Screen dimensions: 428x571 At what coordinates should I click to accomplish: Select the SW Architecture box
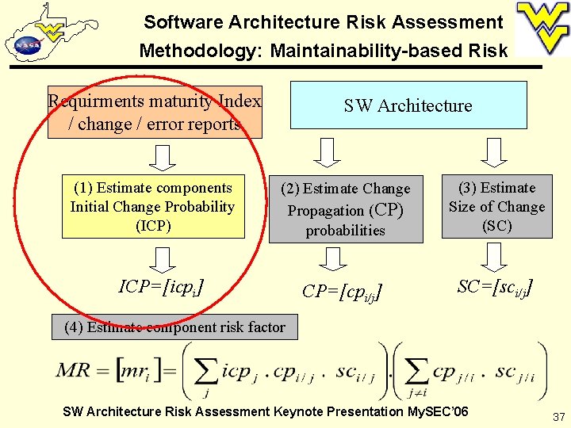[408, 105]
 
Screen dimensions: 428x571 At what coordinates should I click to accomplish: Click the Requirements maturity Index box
[155, 113]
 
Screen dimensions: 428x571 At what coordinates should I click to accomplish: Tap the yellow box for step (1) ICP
[152, 207]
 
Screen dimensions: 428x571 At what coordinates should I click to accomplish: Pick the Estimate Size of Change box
[496, 207]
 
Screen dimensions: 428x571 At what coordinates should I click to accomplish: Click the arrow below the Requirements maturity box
[163, 157]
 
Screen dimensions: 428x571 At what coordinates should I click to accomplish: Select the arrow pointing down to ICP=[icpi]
[163, 258]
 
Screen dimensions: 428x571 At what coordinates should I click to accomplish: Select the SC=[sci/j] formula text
[494, 287]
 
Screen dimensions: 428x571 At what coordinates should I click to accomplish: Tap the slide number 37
[558, 417]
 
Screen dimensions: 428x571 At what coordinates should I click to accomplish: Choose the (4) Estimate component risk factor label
[174, 327]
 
